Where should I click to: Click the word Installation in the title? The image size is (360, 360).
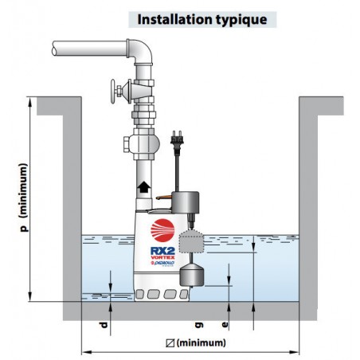[x=174, y=19]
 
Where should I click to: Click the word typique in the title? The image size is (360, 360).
[x=241, y=20]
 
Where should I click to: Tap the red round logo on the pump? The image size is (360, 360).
[x=162, y=230]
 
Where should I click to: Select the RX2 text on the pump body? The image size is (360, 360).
[x=162, y=251]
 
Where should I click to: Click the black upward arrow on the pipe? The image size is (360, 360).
[x=143, y=187]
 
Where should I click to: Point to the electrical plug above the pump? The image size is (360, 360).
[x=177, y=142]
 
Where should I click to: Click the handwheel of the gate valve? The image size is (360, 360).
[x=113, y=92]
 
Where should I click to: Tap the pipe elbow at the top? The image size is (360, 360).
[x=140, y=52]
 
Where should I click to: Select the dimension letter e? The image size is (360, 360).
[x=225, y=324]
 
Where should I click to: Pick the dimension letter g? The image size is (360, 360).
[x=199, y=325]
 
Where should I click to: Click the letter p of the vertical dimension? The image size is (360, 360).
[x=24, y=228]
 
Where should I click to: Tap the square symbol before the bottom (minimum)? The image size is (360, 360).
[x=170, y=343]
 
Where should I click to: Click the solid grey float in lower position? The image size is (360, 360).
[x=192, y=276]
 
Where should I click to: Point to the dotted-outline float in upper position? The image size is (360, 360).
[x=191, y=241]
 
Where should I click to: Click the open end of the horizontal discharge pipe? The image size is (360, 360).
[x=54, y=49]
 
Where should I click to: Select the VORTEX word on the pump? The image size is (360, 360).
[x=162, y=257]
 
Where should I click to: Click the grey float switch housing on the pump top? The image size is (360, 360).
[x=186, y=202]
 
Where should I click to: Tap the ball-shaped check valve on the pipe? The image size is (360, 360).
[x=143, y=143]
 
